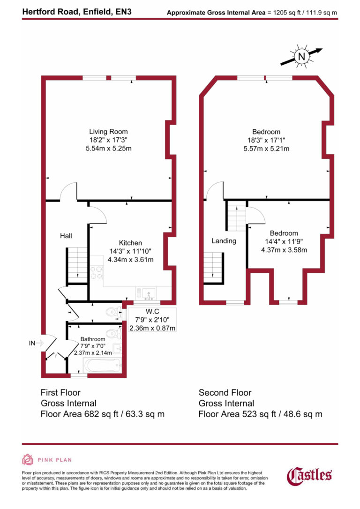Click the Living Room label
click(x=109, y=132)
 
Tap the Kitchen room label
click(x=130, y=243)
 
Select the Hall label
click(x=66, y=236)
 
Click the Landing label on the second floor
click(x=224, y=241)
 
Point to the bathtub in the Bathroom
click(x=102, y=364)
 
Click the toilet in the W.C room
click(x=112, y=313)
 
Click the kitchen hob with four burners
click(x=97, y=272)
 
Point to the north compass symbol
click(x=301, y=57)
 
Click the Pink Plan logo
click(x=47, y=460)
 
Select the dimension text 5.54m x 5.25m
click(x=109, y=149)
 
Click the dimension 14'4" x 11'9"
click(x=284, y=241)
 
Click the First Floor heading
click(x=60, y=393)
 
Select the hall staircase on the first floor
click(x=78, y=265)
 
